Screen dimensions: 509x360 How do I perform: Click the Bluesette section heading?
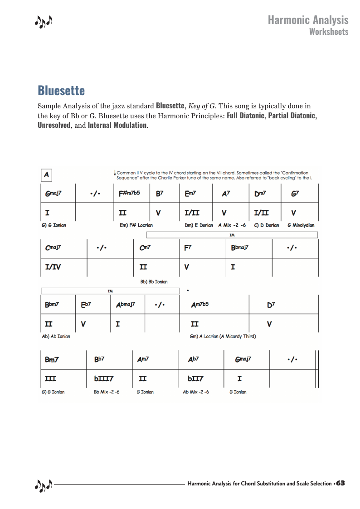61,91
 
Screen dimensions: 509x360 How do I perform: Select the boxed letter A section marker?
47,175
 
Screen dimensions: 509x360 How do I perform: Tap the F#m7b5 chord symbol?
129,193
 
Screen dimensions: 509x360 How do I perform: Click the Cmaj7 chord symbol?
53,248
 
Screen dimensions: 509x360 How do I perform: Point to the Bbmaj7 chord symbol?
239,248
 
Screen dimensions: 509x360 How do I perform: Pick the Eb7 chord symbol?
86,305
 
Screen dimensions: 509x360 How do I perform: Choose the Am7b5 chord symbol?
200,305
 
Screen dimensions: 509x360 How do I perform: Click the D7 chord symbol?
271,305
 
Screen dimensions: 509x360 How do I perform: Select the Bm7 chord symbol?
52,359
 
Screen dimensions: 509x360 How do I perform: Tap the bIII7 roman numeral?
104,378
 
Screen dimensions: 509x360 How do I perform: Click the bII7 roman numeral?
195,378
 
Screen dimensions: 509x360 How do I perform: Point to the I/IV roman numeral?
53,267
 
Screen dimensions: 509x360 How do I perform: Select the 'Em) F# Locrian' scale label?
136,225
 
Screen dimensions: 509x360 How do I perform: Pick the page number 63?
341,483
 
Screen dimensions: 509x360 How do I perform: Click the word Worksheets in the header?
329,31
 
